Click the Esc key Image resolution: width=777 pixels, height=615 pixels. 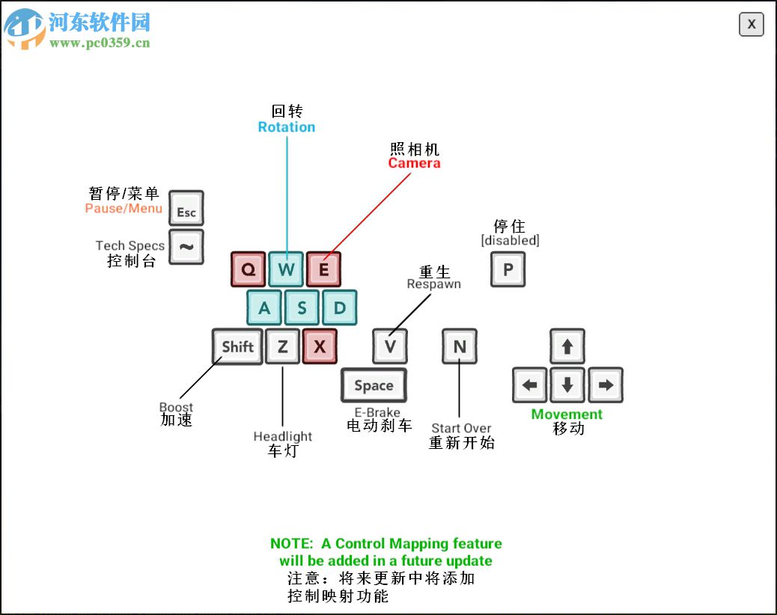coord(186,208)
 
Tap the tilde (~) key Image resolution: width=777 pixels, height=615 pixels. coord(186,246)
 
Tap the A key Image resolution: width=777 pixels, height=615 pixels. coord(264,307)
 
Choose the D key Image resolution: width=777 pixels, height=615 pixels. coord(339,307)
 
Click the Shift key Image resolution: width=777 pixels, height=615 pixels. coord(237,346)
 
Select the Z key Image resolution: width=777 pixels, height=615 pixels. coord(282,346)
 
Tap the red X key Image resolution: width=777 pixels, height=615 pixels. coord(320,346)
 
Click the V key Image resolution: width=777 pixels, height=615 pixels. coord(390,346)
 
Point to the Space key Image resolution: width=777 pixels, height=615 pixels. coord(374,385)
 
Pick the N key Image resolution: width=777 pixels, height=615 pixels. coord(460,346)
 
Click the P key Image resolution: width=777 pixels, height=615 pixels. coord(508,269)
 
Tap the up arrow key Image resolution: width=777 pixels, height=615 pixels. coord(567,346)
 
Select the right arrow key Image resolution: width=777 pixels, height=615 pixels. coord(606,385)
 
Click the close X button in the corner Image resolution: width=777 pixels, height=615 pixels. coord(751,25)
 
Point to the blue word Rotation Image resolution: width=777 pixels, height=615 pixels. coord(287,127)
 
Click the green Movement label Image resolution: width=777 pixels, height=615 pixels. coord(567,414)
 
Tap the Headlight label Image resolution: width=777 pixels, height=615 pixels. coord(282,437)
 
